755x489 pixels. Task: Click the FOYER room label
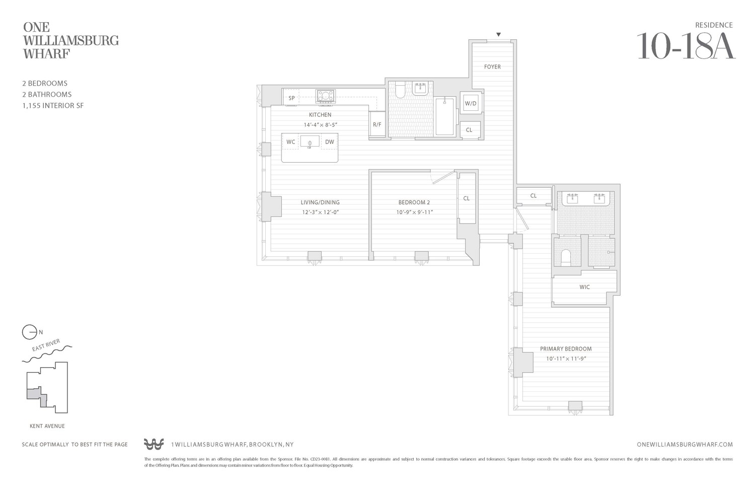click(x=492, y=66)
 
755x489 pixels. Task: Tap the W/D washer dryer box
click(x=471, y=104)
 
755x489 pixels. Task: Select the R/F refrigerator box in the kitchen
click(x=377, y=124)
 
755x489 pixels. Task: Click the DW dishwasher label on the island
click(x=329, y=142)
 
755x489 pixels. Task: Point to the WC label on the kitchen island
click(x=291, y=142)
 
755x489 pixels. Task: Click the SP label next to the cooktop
click(x=291, y=98)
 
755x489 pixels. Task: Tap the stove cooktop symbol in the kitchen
click(x=325, y=96)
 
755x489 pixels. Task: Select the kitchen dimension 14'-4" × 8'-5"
click(x=320, y=124)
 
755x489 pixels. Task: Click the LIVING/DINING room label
click(x=320, y=202)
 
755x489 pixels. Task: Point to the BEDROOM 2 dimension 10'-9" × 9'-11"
click(x=414, y=212)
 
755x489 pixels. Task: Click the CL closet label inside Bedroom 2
click(x=467, y=198)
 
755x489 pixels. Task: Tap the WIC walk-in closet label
click(x=584, y=287)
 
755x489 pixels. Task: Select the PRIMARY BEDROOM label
click(x=566, y=348)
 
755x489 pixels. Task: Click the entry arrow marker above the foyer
click(x=498, y=35)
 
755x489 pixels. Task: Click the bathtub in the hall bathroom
click(x=444, y=116)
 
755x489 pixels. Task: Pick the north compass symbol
click(x=29, y=332)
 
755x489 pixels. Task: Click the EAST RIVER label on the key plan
click(x=46, y=345)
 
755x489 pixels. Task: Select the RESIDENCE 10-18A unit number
click(x=686, y=46)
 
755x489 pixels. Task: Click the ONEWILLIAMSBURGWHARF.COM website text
click(x=685, y=445)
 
